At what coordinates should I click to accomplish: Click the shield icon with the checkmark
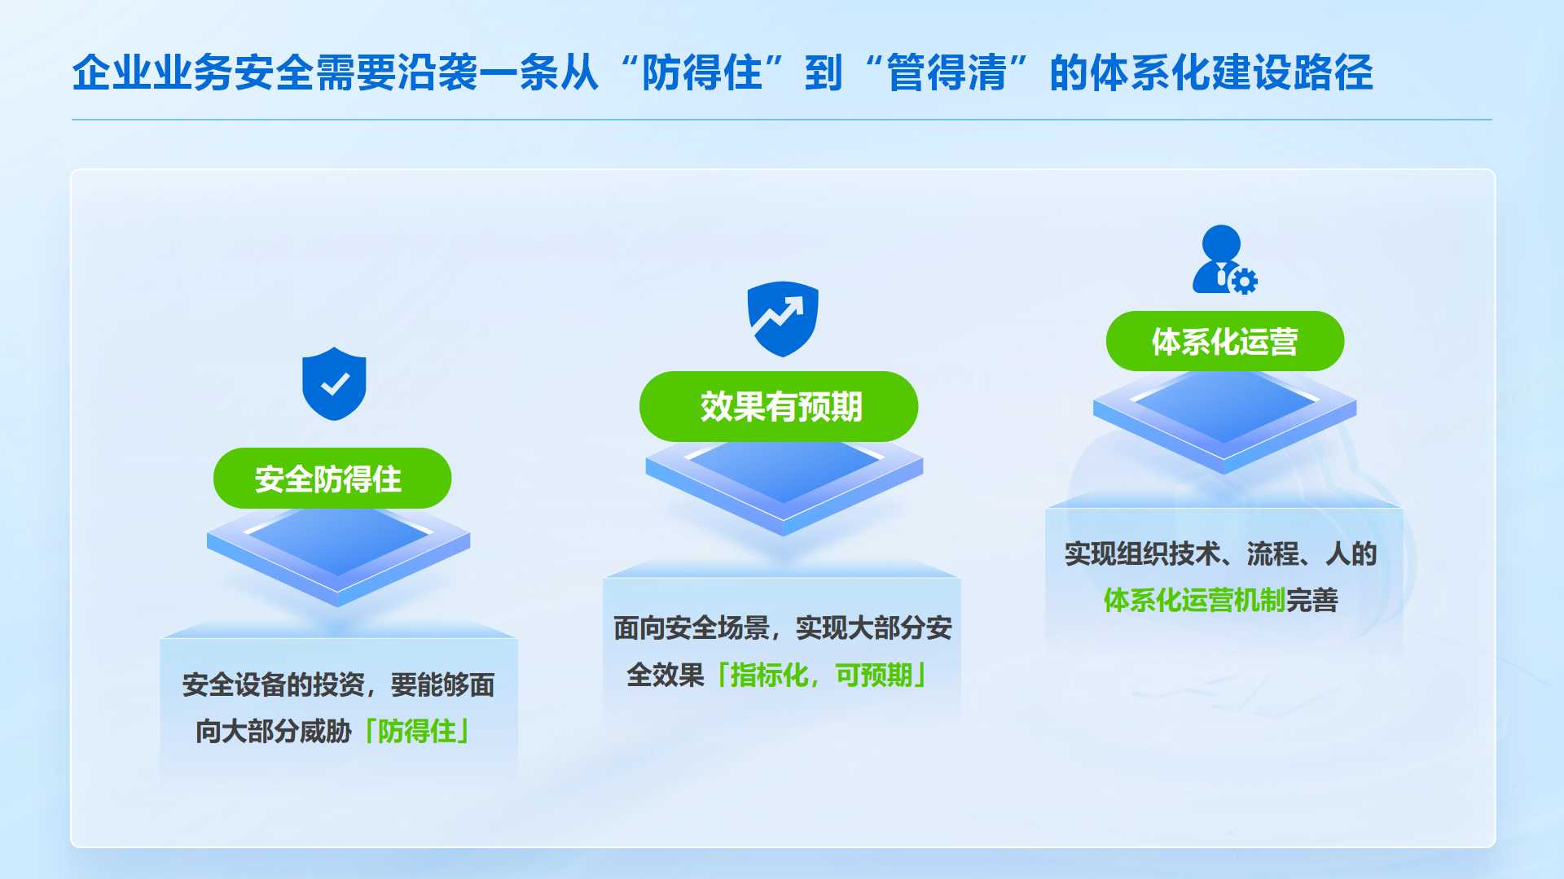click(x=334, y=384)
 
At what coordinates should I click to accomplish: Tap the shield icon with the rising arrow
click(x=783, y=318)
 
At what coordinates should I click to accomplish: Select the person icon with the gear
click(x=1222, y=260)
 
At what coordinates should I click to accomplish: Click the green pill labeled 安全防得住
click(x=332, y=479)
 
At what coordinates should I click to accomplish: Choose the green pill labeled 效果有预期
click(x=779, y=407)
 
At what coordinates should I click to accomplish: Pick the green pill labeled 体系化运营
click(x=1225, y=342)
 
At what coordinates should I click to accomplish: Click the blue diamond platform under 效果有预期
click(x=784, y=480)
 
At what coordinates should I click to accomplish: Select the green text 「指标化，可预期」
click(x=821, y=675)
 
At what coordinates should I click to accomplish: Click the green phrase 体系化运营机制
click(x=1194, y=601)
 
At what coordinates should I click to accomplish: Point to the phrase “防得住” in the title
click(x=701, y=73)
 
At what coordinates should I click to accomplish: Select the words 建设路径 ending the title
click(x=1293, y=73)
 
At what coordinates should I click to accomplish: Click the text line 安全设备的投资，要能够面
click(x=338, y=685)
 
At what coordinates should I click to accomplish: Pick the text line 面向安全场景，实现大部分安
click(x=782, y=628)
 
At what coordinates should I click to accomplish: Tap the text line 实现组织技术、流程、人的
click(x=1220, y=554)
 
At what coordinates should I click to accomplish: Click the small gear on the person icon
click(x=1244, y=282)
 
